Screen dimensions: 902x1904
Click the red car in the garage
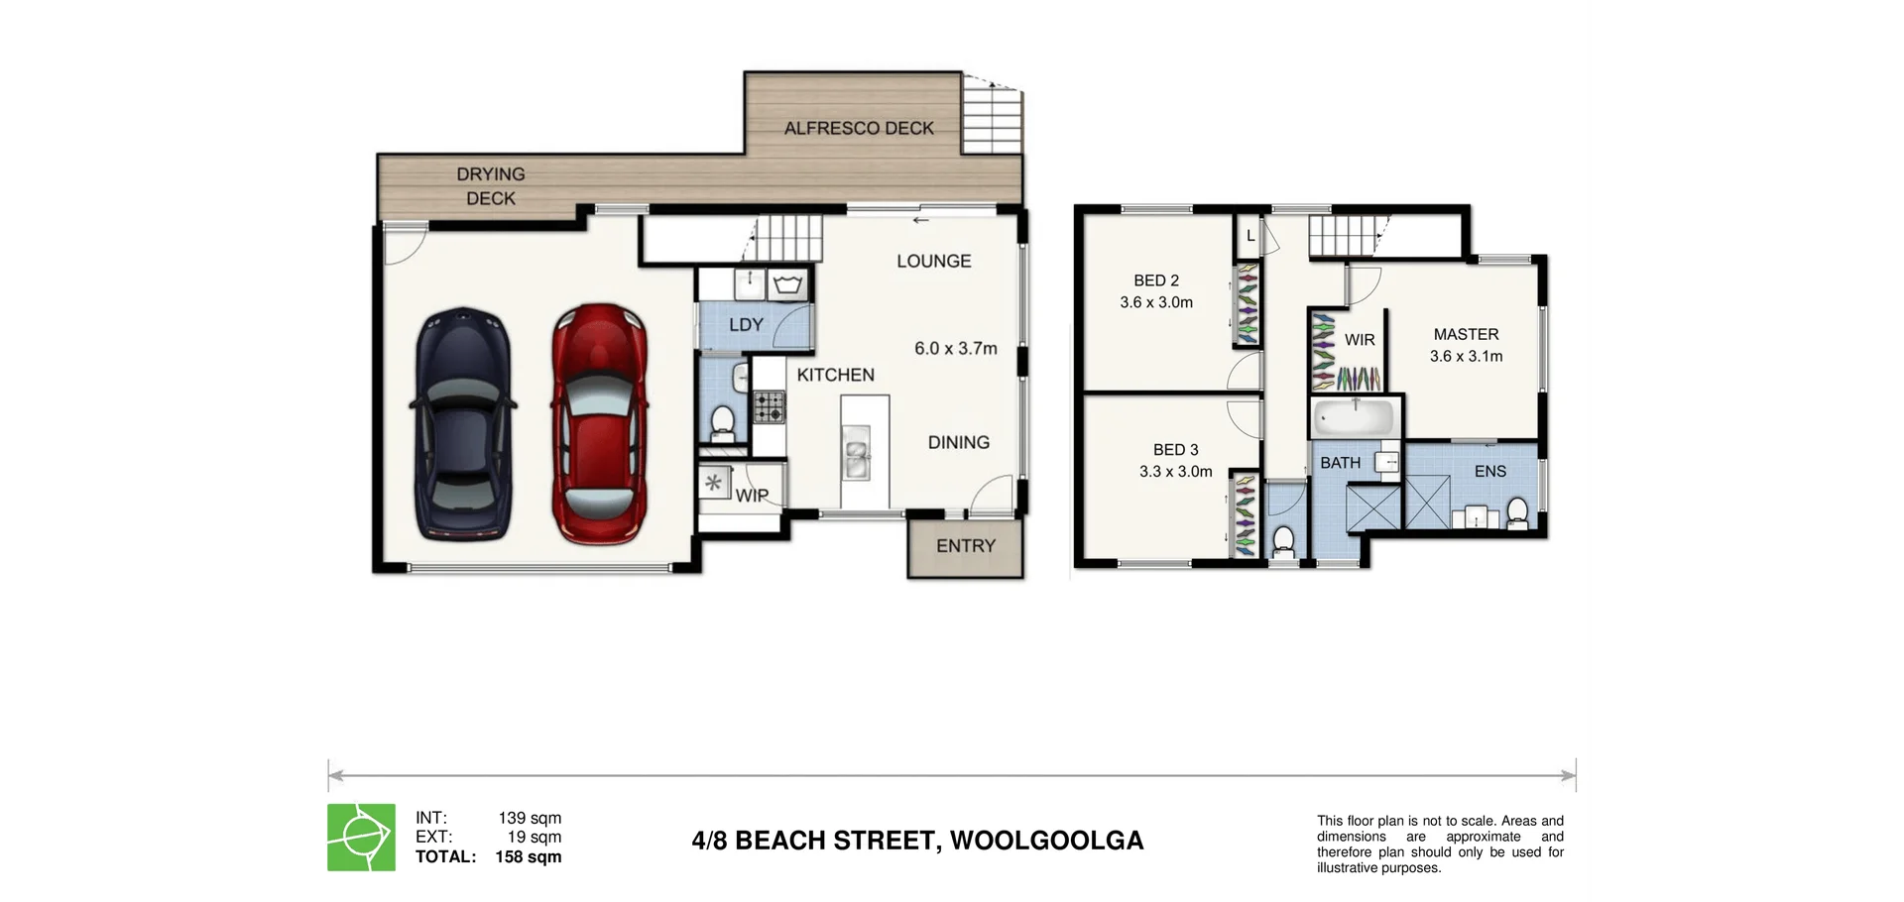coord(599,423)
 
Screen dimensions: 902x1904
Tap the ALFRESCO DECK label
coord(859,128)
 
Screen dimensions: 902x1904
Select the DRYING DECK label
coord(491,186)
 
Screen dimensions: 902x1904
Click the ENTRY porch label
coord(965,546)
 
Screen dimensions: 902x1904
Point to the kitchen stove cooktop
coord(769,405)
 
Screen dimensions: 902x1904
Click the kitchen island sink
coord(856,453)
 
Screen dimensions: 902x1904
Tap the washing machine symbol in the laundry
coord(789,285)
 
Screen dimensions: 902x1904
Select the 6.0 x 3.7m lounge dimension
coord(955,349)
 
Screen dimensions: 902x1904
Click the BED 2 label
coord(1156,281)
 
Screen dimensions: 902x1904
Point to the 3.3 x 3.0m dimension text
coord(1175,472)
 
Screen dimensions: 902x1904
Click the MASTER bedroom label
coord(1466,335)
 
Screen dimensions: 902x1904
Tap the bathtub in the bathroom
coord(1355,418)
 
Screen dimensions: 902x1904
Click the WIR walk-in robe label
coord(1360,340)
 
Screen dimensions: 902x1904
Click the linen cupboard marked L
coord(1250,237)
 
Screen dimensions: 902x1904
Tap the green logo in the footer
coord(362,838)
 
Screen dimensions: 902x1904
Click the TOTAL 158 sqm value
coord(528,857)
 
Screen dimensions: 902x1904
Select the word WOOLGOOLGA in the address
coord(1046,841)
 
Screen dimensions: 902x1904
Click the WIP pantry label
coord(751,496)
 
